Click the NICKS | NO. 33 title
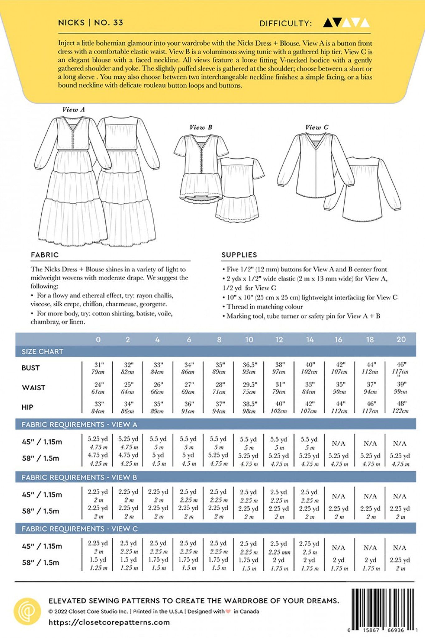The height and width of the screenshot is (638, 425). [90, 23]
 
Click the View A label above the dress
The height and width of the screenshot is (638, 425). [73, 110]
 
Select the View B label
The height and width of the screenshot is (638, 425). [201, 127]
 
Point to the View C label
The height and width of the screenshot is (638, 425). [317, 127]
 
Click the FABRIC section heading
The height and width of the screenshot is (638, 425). [45, 255]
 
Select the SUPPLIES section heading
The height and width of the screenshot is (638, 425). [239, 255]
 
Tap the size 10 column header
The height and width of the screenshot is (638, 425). [249, 340]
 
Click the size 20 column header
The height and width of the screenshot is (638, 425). [401, 339]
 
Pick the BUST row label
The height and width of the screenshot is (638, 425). [31, 368]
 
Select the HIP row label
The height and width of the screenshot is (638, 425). [27, 407]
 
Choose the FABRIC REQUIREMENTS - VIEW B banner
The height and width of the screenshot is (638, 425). [79, 477]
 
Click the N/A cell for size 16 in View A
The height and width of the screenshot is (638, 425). [339, 443]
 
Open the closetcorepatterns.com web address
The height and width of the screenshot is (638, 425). [109, 622]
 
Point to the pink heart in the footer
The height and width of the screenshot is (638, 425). [228, 612]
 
